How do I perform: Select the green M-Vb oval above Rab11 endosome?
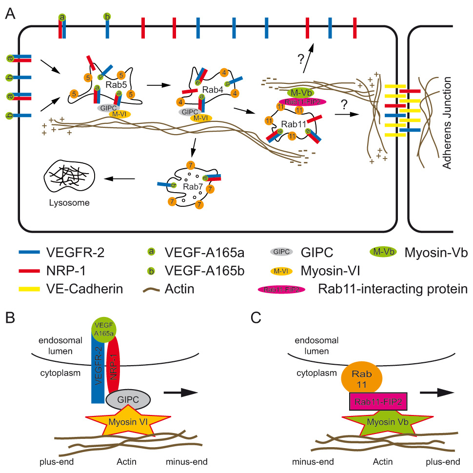tap(300, 92)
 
